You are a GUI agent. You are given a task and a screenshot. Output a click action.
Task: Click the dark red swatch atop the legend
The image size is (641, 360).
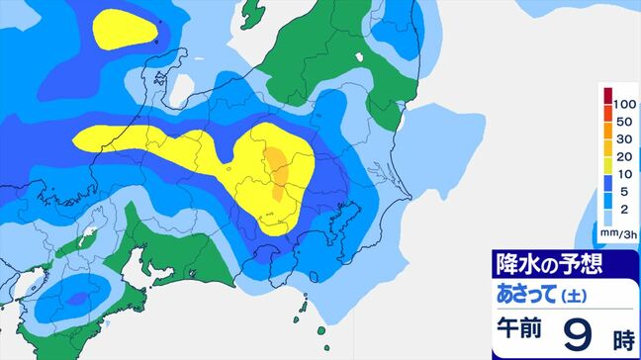point(608,95)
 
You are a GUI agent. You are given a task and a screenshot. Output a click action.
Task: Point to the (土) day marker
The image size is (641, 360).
point(574,296)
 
